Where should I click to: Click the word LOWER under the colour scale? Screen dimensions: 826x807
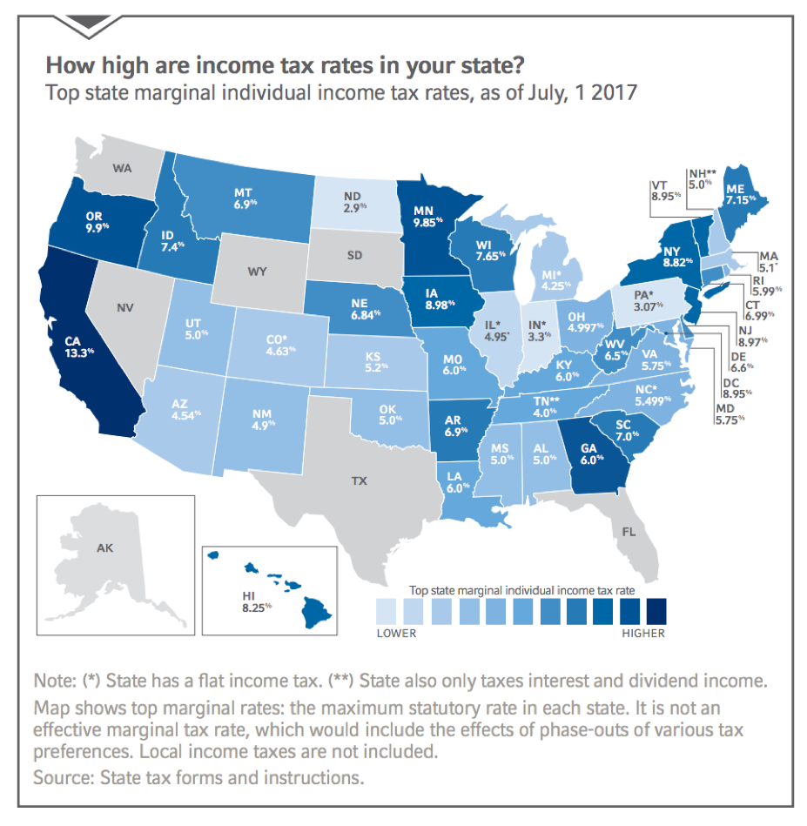[x=396, y=633]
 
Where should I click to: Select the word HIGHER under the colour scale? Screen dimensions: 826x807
[x=643, y=633]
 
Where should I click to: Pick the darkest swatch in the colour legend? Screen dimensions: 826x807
[x=654, y=609]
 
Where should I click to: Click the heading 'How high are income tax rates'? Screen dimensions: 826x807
[x=223, y=65]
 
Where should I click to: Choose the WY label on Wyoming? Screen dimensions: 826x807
[x=257, y=271]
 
